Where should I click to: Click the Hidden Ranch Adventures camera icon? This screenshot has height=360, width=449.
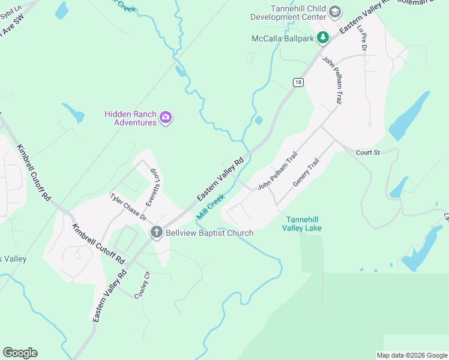pyautogui.click(x=166, y=118)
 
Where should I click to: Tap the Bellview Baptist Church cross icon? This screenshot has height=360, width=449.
pyautogui.click(x=157, y=232)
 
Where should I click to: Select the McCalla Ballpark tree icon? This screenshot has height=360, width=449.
pyautogui.click(x=323, y=38)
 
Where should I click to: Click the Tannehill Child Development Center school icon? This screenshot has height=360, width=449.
pyautogui.click(x=335, y=11)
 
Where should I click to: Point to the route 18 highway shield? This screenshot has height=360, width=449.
pyautogui.click(x=298, y=82)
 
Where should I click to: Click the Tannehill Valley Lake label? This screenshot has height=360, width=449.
pyautogui.click(x=304, y=224)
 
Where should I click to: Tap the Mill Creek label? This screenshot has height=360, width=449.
pyautogui.click(x=210, y=206)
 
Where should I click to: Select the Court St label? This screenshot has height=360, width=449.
pyautogui.click(x=368, y=153)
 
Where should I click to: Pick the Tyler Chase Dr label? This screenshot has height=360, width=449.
pyautogui.click(x=128, y=206)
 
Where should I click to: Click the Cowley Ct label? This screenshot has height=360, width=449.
pyautogui.click(x=142, y=285)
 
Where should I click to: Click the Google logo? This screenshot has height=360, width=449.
pyautogui.click(x=20, y=353)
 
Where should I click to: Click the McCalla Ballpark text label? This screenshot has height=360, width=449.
pyautogui.click(x=284, y=38)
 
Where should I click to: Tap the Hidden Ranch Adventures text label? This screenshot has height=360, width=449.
pyautogui.click(x=130, y=118)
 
